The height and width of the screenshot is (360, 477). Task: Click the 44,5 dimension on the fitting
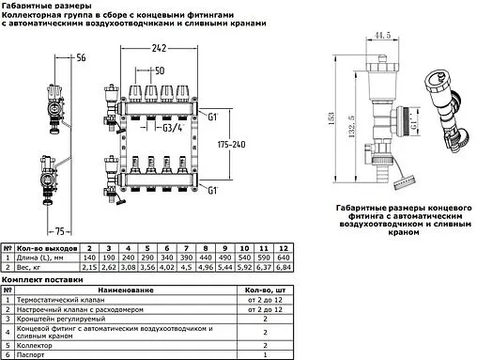coord(380,36)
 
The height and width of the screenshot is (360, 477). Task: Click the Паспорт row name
coord(30,354)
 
